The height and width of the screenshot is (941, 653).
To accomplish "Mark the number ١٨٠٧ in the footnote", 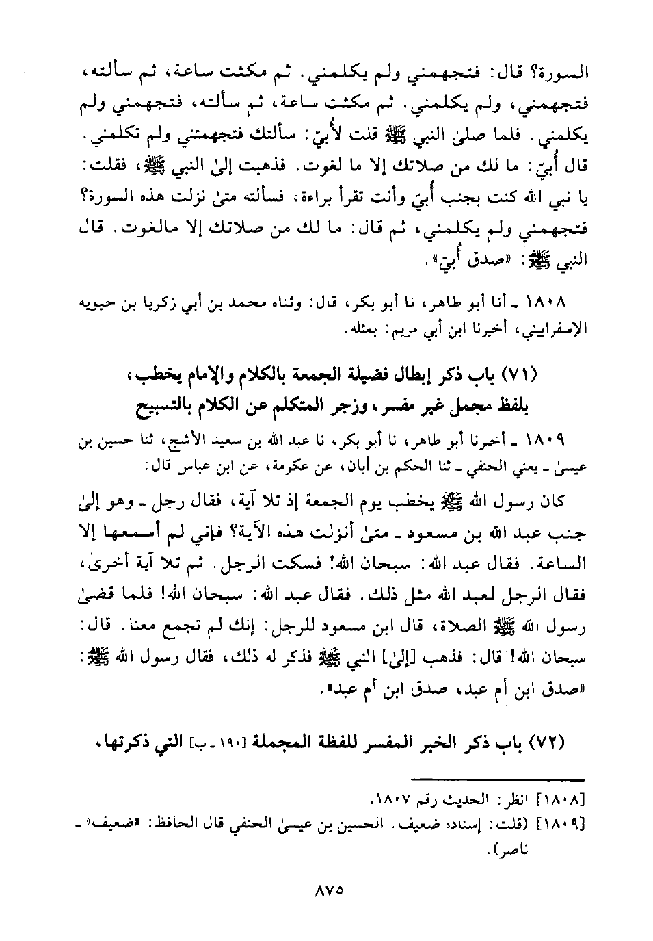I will coord(394,799).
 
